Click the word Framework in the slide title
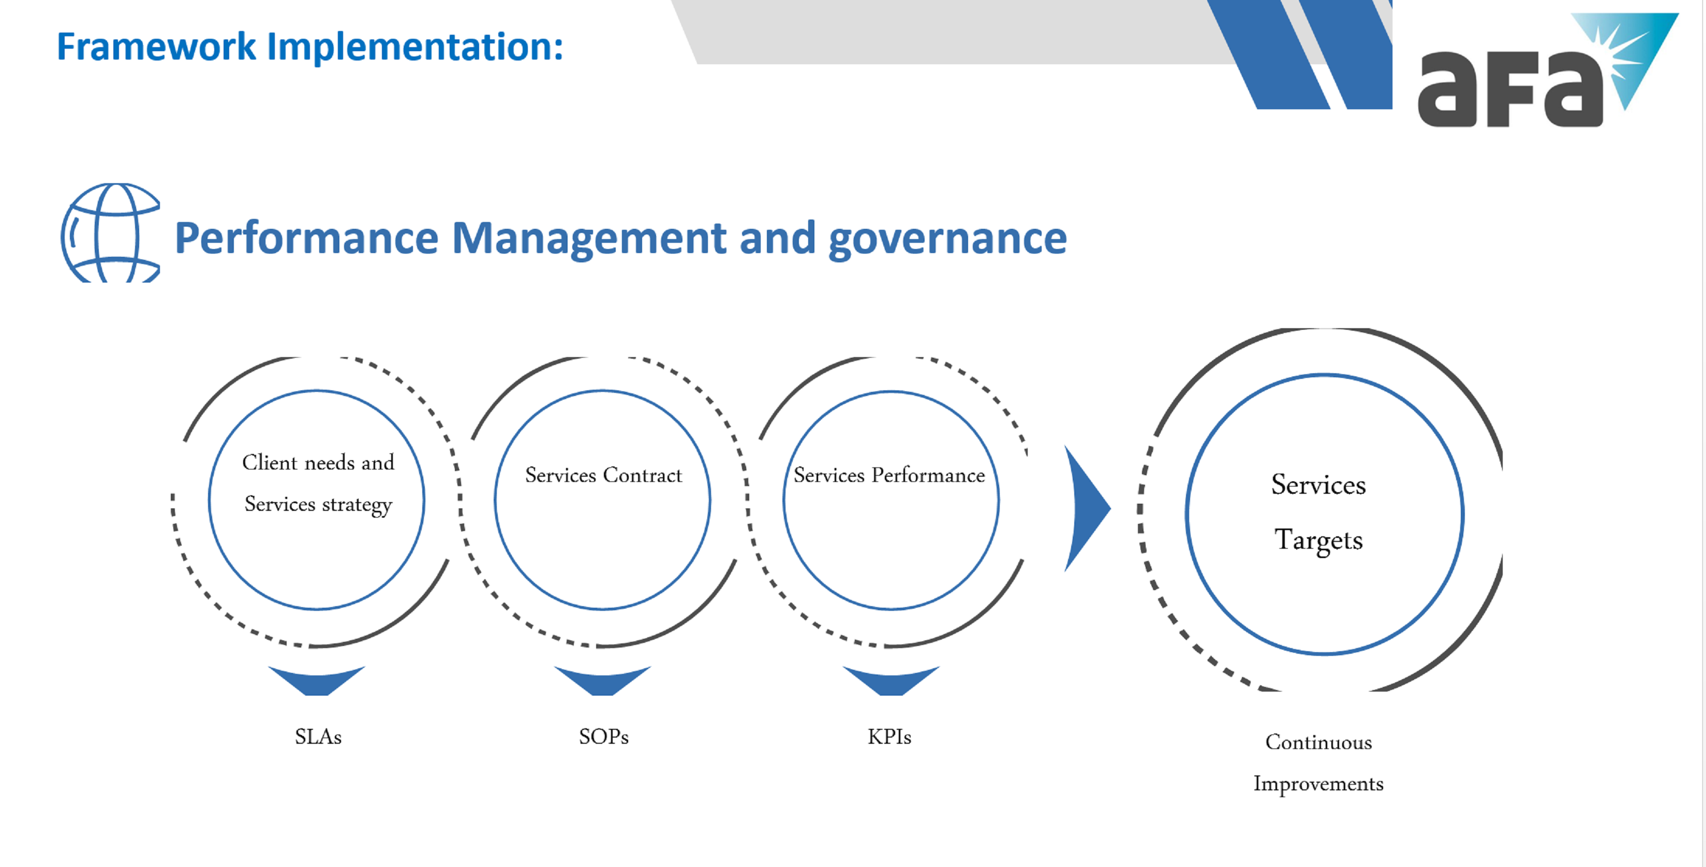[x=156, y=47]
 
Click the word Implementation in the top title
[x=414, y=48]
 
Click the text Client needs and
[x=318, y=462]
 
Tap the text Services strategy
[x=318, y=505]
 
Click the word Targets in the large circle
[x=1318, y=540]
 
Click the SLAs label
[x=318, y=737]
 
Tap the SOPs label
[x=603, y=737]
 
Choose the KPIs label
[x=889, y=737]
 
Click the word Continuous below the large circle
[x=1318, y=742]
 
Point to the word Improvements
[x=1318, y=784]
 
